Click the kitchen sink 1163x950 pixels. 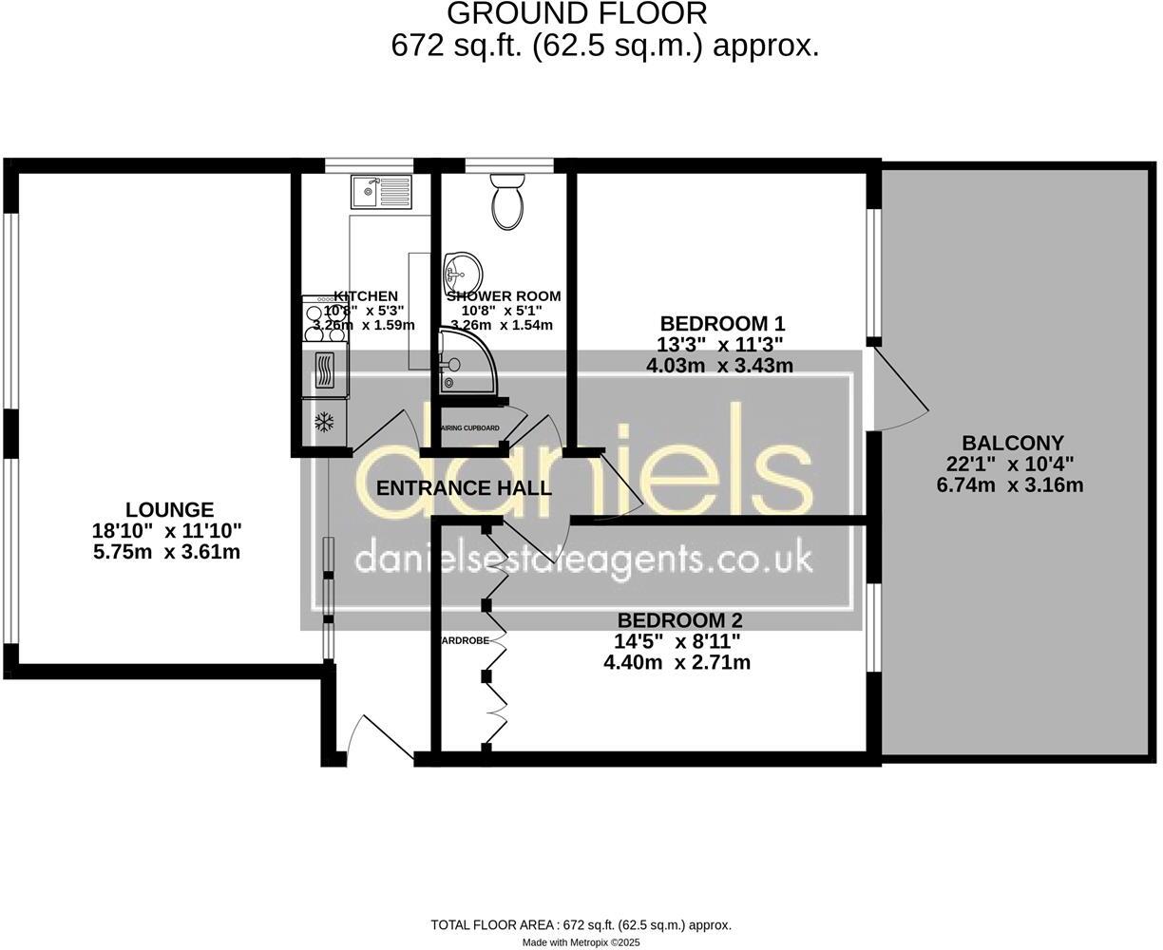tap(380, 191)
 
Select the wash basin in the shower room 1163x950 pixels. tap(461, 269)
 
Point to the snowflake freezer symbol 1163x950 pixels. tap(325, 422)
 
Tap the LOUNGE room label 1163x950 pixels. tap(170, 510)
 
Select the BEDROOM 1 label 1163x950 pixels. tap(722, 322)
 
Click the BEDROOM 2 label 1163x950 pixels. tap(676, 620)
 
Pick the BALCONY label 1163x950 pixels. tap(1012, 443)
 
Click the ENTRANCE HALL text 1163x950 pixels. tap(464, 489)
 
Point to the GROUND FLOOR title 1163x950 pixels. tap(577, 14)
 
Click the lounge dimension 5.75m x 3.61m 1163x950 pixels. tap(167, 551)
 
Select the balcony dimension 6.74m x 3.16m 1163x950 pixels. tap(1010, 485)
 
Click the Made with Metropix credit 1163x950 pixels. tap(581, 942)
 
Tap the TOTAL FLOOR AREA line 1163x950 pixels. tap(581, 924)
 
